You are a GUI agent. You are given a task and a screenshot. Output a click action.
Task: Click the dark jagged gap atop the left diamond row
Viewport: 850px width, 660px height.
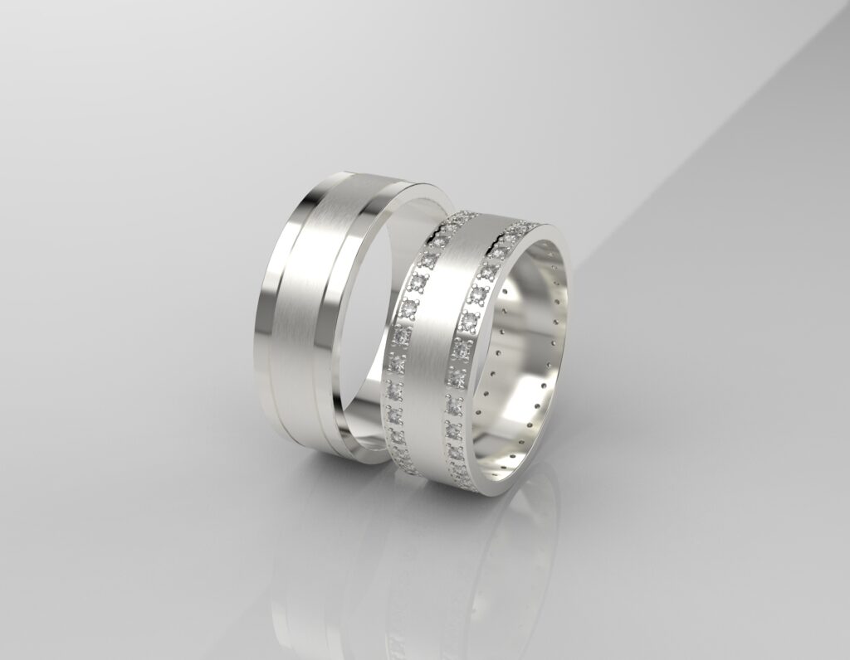448,222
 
